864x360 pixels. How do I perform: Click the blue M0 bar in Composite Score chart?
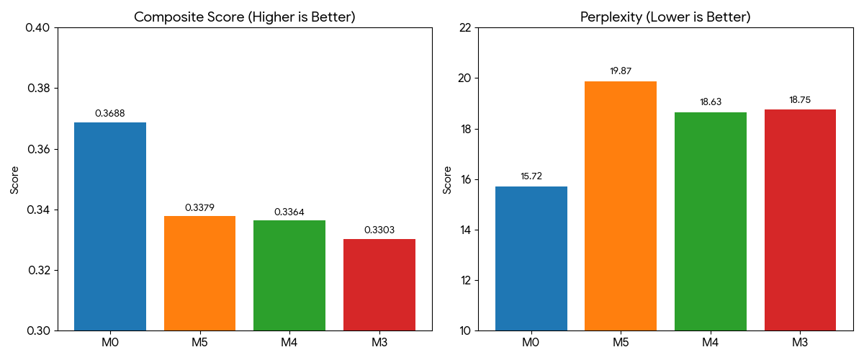tap(110, 227)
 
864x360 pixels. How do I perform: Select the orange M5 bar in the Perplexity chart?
tap(620, 206)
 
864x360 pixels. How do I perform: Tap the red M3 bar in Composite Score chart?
tap(379, 284)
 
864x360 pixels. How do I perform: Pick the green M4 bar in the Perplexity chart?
tap(710, 222)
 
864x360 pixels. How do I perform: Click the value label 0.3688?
tap(110, 114)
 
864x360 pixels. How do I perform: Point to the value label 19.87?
tap(620, 71)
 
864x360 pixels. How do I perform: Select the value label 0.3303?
tap(379, 230)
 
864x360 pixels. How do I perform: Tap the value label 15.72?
tap(531, 176)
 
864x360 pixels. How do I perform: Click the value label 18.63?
tap(710, 102)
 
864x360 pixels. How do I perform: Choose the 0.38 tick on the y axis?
tap(39, 89)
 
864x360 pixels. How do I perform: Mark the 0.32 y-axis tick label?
tap(39, 270)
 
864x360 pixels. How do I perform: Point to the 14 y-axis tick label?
tap(465, 230)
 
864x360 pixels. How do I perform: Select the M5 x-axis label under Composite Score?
tap(199, 342)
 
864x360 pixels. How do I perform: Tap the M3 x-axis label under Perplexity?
tap(800, 342)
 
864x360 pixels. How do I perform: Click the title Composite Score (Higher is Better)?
tap(245, 17)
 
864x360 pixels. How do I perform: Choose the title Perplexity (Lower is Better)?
tap(665, 17)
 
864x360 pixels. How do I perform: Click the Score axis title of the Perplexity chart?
tap(446, 180)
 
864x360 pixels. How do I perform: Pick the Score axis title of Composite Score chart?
tap(14, 180)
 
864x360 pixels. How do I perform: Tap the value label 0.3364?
tap(289, 212)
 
